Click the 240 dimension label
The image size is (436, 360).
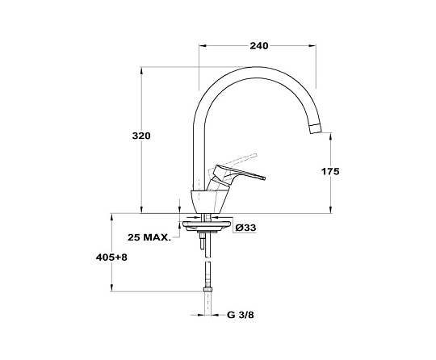point(259,45)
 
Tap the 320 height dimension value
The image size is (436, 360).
point(141,136)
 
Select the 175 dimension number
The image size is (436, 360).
point(330,171)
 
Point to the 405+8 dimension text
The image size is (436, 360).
point(111,257)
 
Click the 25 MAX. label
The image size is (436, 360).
point(149,237)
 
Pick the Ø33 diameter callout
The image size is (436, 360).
point(245,228)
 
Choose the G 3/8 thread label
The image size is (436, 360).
point(241,315)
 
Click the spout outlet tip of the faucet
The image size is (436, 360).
point(316,129)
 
